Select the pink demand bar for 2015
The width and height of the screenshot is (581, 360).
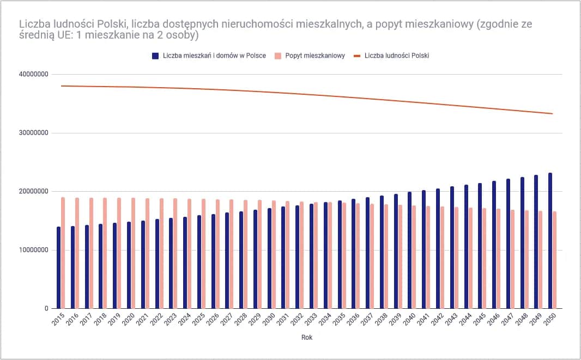pos(63,253)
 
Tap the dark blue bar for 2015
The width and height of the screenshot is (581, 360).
pos(58,267)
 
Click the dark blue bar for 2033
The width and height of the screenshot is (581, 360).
pos(311,256)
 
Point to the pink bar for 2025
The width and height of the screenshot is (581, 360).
pos(204,254)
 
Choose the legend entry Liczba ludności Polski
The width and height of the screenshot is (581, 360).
pos(397,56)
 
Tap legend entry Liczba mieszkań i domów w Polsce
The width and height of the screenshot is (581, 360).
pos(214,56)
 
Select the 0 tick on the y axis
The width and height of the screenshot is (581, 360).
pos(47,309)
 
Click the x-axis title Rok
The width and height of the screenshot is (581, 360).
pos(307,338)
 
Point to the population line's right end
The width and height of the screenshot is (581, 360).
pos(553,114)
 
